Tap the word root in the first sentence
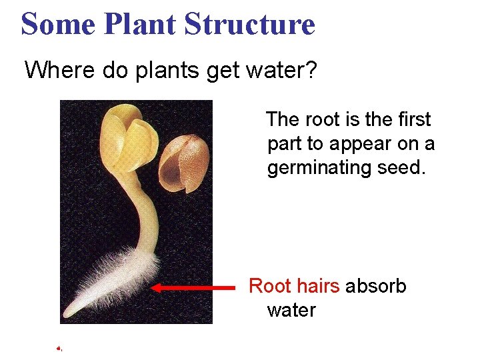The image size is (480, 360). [x=322, y=120]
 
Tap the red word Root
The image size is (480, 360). [x=269, y=287]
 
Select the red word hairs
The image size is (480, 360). [x=318, y=287]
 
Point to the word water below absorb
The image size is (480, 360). [x=291, y=311]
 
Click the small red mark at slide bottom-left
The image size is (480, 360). [x=59, y=348]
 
